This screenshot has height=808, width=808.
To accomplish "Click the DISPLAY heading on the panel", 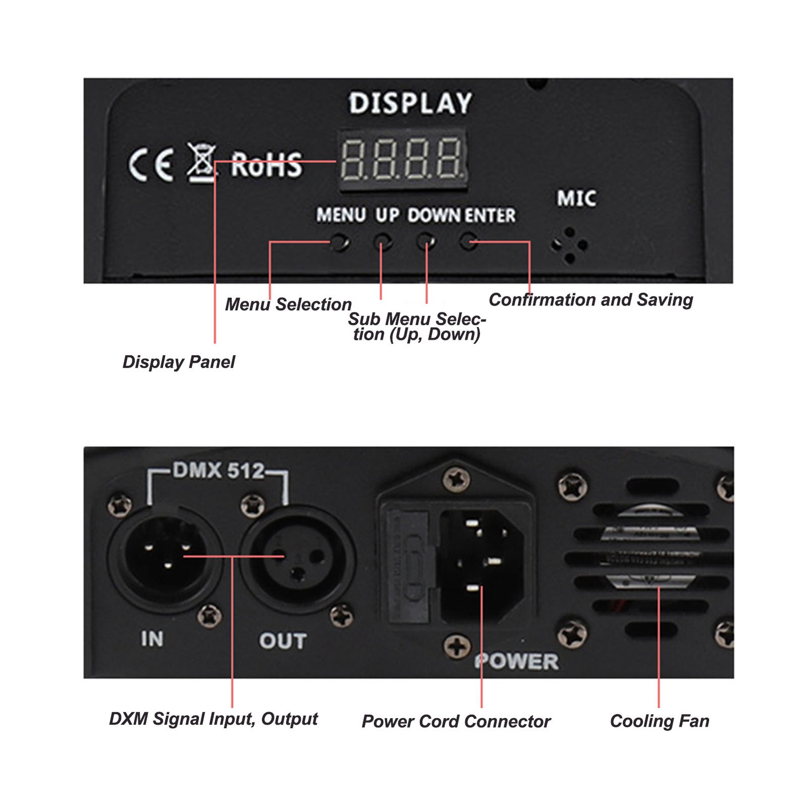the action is point(411,103).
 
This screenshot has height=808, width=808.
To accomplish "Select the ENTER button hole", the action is point(468,242).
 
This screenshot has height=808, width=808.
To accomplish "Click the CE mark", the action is point(150,165).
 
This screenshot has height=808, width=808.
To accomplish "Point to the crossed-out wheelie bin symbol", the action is point(202,163).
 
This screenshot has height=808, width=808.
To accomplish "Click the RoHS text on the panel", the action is point(266,165).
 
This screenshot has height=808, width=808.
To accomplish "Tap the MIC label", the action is point(576,198).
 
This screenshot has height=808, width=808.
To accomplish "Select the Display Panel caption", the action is point(179,362).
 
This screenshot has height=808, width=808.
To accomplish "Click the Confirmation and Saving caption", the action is point(591,300).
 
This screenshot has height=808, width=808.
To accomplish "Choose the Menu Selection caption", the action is point(288,305).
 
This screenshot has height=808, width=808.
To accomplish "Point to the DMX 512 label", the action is point(219,471).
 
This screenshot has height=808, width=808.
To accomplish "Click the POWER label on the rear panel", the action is point(517,662).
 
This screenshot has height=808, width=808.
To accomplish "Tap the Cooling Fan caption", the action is point(660,721).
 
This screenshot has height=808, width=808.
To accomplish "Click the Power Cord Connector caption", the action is point(456,722).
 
